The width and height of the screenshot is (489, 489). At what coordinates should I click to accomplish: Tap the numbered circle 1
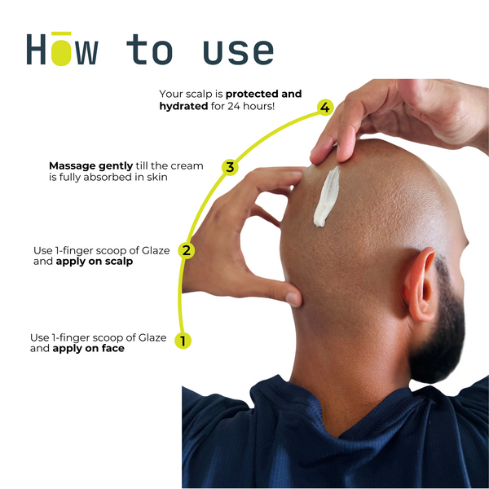pos(183,341)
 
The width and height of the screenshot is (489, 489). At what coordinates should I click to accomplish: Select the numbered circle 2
pos(187,250)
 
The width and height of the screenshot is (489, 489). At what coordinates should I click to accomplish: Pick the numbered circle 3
pos(230,167)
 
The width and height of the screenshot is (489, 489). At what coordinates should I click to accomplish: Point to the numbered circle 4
pos(325,108)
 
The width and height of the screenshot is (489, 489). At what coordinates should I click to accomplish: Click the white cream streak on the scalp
pos(327,196)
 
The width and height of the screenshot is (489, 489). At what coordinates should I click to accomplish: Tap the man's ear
pos(420,284)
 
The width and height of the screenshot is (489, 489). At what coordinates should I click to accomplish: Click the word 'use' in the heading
pos(239,52)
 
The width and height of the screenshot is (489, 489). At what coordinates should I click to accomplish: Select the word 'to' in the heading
pos(150,49)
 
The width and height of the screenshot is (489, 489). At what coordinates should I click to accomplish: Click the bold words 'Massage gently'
pos(90,166)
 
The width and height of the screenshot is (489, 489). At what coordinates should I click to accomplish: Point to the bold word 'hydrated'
pos(183,106)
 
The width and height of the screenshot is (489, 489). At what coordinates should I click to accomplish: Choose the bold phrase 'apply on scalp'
pos(95,262)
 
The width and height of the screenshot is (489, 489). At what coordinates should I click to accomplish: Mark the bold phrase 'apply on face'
pos(89,348)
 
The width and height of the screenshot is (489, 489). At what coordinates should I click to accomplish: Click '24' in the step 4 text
pos(234,106)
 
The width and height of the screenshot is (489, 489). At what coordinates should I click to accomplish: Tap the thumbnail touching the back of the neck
pos(293,299)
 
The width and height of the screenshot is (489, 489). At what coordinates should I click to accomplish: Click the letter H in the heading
pos(36,49)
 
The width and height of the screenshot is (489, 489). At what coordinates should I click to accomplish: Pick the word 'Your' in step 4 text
pos(170,94)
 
